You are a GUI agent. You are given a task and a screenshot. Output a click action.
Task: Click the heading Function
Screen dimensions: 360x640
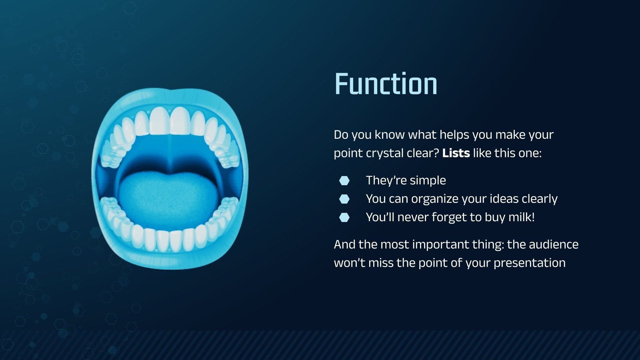(386, 84)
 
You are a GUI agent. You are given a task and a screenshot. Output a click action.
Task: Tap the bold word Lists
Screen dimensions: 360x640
(456, 153)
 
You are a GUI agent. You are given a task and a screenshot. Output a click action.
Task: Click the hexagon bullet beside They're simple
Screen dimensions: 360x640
(344, 180)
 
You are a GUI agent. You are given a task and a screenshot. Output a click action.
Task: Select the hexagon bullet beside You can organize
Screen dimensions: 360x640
(344, 199)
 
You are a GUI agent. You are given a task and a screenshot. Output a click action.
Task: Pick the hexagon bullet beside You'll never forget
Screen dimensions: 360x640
(344, 217)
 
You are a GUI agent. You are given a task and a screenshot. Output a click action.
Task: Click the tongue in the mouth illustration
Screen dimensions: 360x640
(168, 200)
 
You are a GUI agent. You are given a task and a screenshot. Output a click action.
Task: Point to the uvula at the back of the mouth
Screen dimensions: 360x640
(170, 168)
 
